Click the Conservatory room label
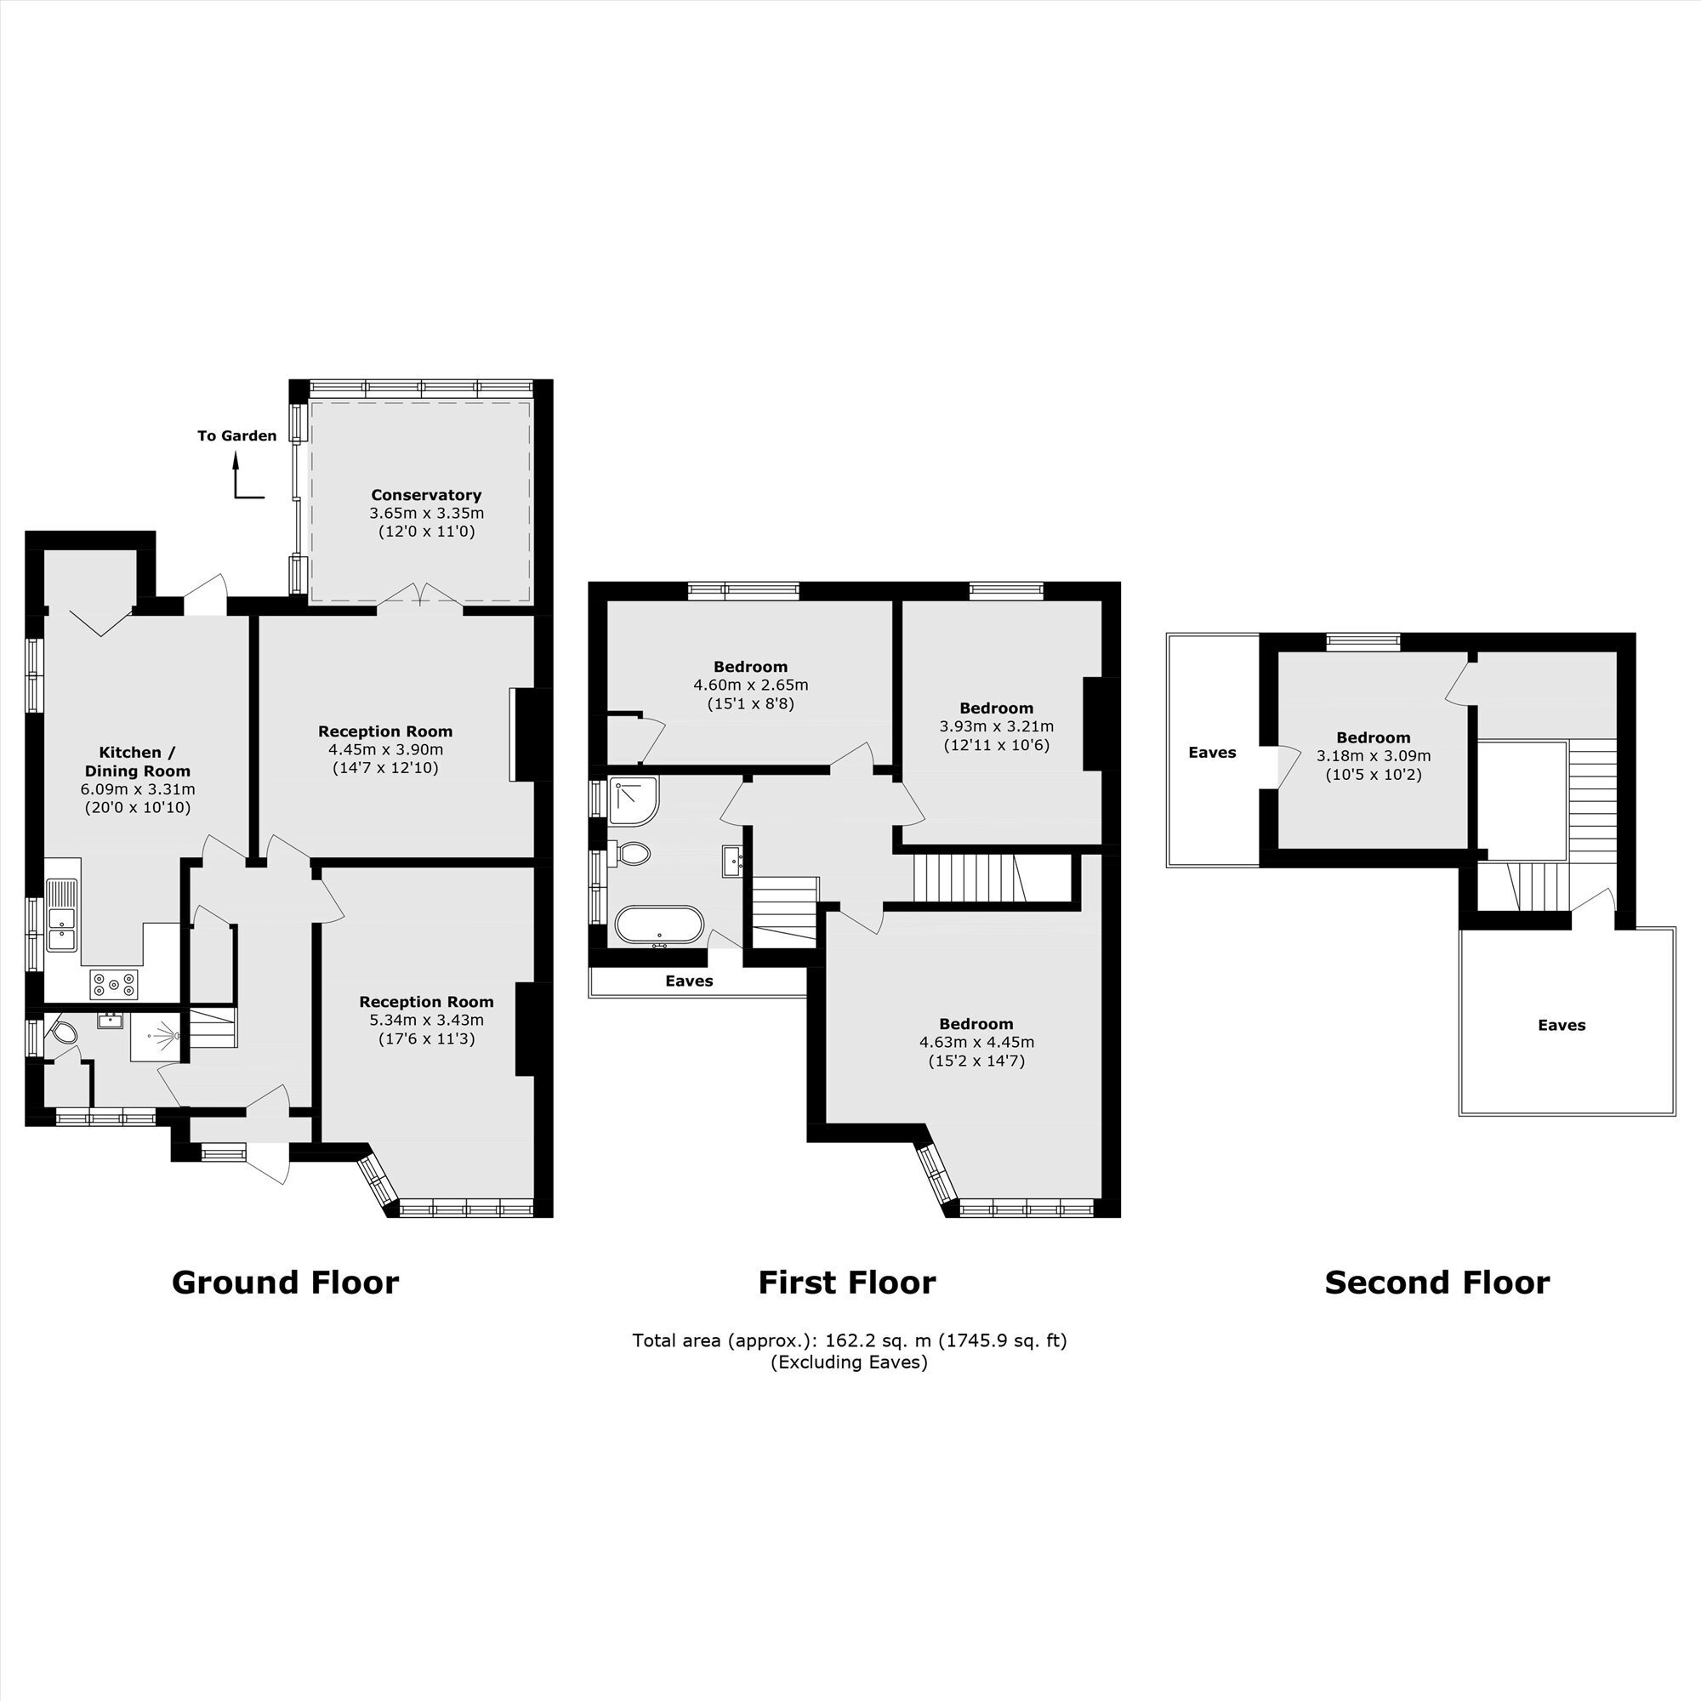426,495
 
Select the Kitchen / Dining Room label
137,761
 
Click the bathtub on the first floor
659,925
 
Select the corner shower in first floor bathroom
633,800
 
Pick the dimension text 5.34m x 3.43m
426,1021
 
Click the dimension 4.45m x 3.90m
385,750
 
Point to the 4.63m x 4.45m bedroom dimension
976,1043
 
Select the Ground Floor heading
285,1283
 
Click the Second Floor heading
1436,1283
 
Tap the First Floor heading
847,1283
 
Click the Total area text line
850,1341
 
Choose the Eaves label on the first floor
690,981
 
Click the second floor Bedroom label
1374,737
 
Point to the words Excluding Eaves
850,1363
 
